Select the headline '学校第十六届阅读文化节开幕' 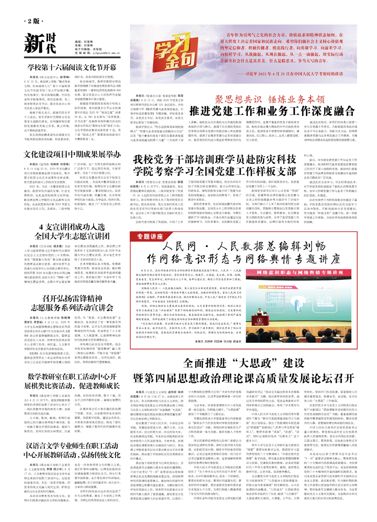(72, 67)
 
